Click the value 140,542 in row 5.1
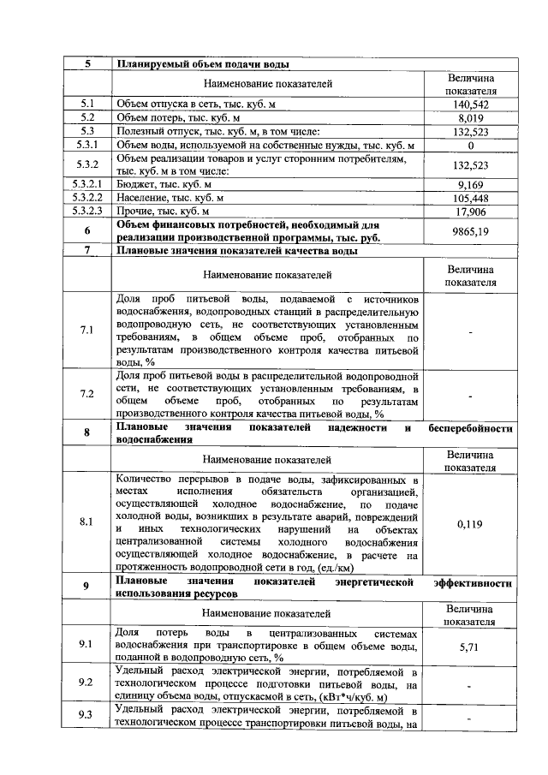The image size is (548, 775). pyautogui.click(x=470, y=104)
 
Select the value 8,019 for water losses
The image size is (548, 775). pyautogui.click(x=470, y=117)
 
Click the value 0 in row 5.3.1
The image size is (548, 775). pyautogui.click(x=470, y=145)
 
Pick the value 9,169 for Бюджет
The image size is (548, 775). pyautogui.click(x=470, y=184)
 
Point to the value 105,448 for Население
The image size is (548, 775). pyautogui.click(x=470, y=198)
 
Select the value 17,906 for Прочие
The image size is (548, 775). pyautogui.click(x=470, y=211)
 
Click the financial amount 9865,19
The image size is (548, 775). pyautogui.click(x=470, y=230)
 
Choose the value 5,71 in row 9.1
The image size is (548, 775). pyautogui.click(x=470, y=647)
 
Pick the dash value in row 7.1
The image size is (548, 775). pyautogui.click(x=470, y=330)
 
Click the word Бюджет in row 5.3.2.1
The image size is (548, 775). pyautogui.click(x=135, y=184)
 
